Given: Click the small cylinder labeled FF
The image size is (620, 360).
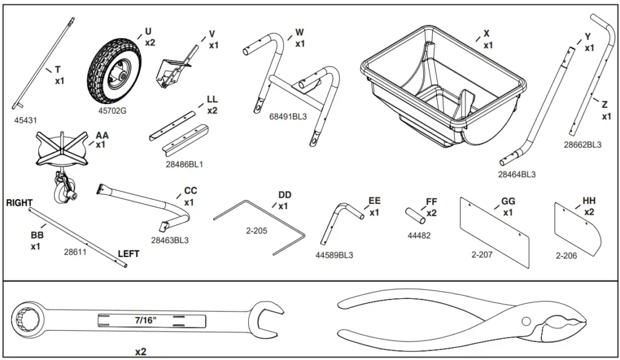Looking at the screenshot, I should (x=413, y=215).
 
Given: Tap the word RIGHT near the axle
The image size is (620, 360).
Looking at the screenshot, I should (x=19, y=203).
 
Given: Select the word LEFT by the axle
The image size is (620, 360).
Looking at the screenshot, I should (x=128, y=254).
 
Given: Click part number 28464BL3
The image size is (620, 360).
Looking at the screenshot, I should (x=516, y=175).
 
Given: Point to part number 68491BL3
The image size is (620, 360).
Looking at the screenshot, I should (x=288, y=117).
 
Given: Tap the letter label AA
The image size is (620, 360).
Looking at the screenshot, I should (x=102, y=136).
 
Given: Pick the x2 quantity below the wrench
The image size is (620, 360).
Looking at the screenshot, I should (x=140, y=352).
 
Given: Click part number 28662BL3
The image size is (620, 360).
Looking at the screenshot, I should (x=582, y=145).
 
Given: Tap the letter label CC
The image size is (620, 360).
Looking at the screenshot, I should (x=190, y=191).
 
